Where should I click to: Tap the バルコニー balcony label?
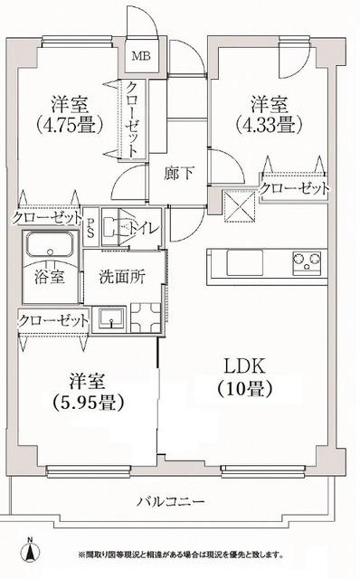tap(171, 501)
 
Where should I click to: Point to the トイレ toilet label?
tap(143, 228)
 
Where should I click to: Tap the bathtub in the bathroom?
tap(50, 247)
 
